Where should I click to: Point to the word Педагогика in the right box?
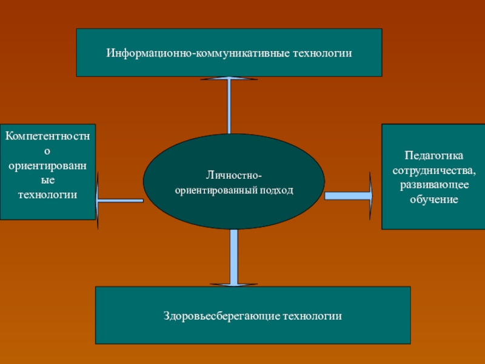[x=433, y=155]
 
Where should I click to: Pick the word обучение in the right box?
[x=433, y=198]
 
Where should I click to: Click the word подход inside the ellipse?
[x=279, y=190]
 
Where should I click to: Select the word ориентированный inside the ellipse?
[x=218, y=190]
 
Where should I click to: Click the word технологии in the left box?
[x=47, y=195]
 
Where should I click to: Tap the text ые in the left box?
[x=48, y=180]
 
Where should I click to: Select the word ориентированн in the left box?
[x=48, y=166]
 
